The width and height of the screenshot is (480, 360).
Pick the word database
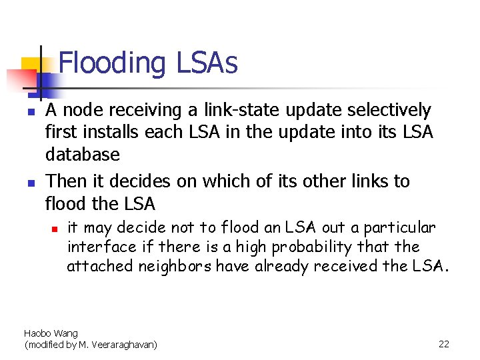pyautogui.click(x=82, y=155)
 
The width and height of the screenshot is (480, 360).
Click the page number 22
pyautogui.click(x=444, y=344)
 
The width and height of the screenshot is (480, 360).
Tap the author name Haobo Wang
pyautogui.click(x=51, y=333)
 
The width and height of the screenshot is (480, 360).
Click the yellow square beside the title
pyautogui.click(x=31, y=66)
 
